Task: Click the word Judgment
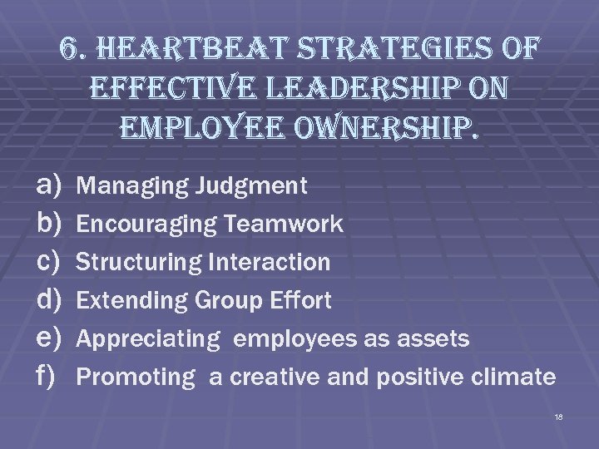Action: click(251, 186)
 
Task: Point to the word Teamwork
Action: click(282, 224)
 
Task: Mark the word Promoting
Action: click(134, 377)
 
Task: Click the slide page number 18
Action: click(557, 416)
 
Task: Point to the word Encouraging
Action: click(146, 224)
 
